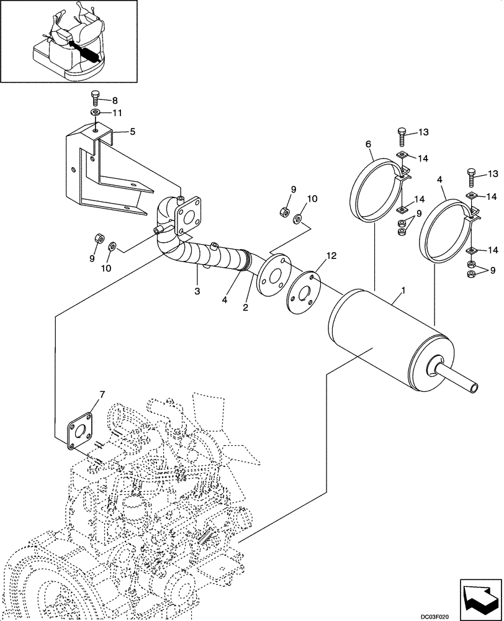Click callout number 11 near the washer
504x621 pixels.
pos(117,112)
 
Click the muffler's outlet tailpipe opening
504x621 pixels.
pos(475,388)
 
